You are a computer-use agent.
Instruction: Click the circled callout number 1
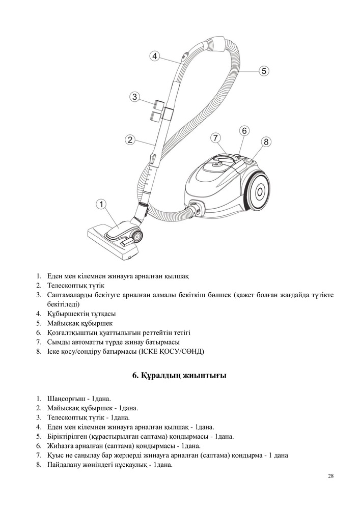tap(102, 204)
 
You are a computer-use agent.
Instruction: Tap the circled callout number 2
tap(130, 139)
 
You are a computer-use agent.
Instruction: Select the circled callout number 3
tap(134, 97)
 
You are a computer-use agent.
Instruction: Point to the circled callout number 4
tap(155, 56)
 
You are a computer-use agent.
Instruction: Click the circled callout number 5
tap(263, 71)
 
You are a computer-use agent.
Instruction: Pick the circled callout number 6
tap(244, 131)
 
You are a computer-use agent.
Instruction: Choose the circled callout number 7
tap(215, 137)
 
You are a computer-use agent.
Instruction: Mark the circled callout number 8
tap(266, 142)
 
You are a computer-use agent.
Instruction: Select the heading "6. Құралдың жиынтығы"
tap(179, 376)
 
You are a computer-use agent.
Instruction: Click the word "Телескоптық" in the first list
tap(66, 286)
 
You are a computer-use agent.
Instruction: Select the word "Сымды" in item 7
tap(57, 342)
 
